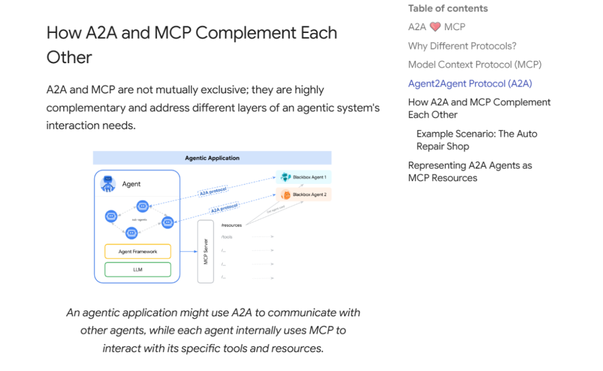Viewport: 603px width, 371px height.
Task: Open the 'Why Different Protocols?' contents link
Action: coord(462,46)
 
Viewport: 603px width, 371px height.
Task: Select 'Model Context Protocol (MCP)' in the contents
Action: coord(475,64)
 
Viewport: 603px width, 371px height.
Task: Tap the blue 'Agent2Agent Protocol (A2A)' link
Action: coord(470,83)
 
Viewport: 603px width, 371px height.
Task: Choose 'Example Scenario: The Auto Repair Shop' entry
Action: coord(477,140)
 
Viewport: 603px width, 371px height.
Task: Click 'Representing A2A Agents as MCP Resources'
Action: coord(470,172)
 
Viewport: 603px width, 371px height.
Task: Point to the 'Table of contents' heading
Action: coord(448,8)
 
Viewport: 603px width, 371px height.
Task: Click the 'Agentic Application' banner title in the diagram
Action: coord(212,158)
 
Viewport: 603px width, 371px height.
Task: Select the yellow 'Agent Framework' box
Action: coord(138,251)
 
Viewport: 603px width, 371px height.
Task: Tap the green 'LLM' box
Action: coord(138,269)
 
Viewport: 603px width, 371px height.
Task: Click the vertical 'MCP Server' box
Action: coord(205,251)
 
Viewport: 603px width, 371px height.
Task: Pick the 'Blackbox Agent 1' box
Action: coord(304,177)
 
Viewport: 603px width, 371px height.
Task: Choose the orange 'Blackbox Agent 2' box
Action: coord(304,194)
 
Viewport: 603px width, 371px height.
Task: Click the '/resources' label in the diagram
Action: coord(231,225)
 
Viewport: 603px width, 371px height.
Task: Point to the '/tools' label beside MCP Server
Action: coord(227,237)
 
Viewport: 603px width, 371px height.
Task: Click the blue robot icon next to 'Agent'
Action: coord(108,184)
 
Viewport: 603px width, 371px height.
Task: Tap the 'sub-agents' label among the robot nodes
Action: coord(139,220)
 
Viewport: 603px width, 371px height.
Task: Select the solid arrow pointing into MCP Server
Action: coord(184,251)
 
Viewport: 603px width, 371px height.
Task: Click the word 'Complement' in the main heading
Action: coord(244,32)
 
